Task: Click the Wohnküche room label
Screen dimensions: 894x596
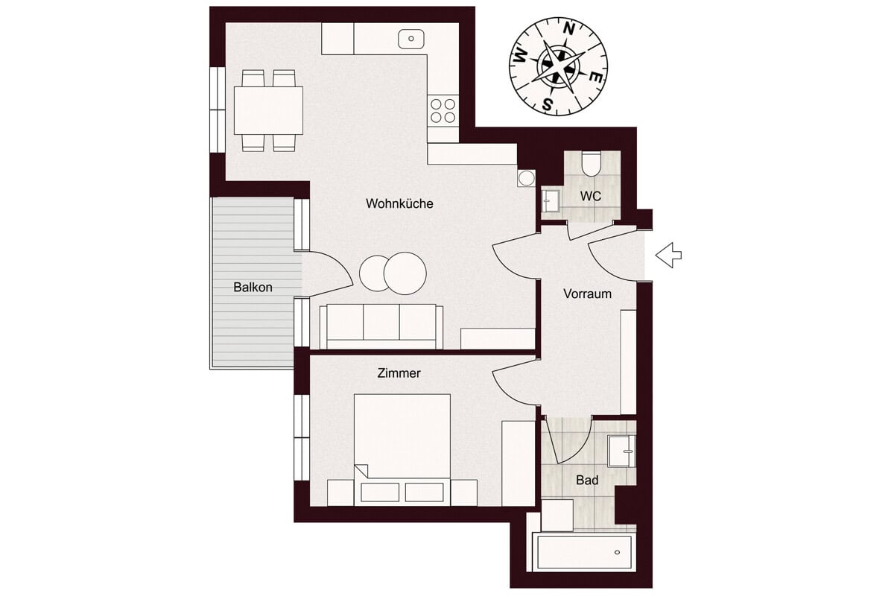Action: [399, 203]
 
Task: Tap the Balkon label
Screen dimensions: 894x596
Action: [253, 288]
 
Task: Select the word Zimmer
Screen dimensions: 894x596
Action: [399, 373]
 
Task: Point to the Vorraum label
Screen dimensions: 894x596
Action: [587, 294]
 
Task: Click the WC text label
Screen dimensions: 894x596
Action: [591, 197]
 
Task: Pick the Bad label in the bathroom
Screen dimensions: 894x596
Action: [587, 480]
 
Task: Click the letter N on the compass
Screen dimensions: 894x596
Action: [568, 29]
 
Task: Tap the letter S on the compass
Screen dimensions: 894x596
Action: [548, 104]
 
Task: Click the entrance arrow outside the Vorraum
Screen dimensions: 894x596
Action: [668, 255]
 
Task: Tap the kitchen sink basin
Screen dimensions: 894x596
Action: [411, 39]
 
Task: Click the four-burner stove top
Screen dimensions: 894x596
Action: [443, 110]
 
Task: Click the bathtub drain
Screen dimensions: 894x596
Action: [618, 553]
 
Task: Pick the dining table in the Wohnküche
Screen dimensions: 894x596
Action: [268, 110]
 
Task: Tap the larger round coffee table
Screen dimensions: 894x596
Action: [405, 273]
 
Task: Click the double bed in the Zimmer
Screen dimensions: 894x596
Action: [402, 450]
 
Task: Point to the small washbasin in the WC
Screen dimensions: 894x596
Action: [551, 201]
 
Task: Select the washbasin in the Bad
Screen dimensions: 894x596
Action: [621, 451]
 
